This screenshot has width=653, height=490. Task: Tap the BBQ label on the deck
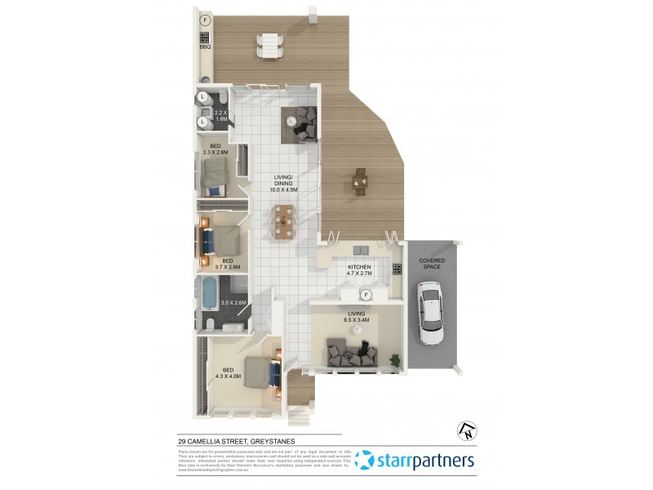point(205,47)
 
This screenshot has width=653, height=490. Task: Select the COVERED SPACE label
point(432,264)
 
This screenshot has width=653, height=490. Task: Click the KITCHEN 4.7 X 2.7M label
point(359,271)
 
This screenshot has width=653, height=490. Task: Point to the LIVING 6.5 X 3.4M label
point(357,316)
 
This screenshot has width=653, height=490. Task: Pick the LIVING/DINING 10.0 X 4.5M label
point(284,186)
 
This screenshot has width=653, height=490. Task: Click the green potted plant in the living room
point(395,359)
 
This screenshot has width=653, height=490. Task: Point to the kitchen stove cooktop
point(397,269)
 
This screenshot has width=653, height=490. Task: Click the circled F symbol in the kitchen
point(367,295)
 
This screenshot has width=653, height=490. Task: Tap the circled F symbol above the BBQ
point(205,19)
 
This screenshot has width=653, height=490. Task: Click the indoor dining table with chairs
point(283,221)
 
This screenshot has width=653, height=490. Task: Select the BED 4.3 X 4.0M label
point(228,372)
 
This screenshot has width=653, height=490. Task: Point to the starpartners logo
point(415,461)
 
